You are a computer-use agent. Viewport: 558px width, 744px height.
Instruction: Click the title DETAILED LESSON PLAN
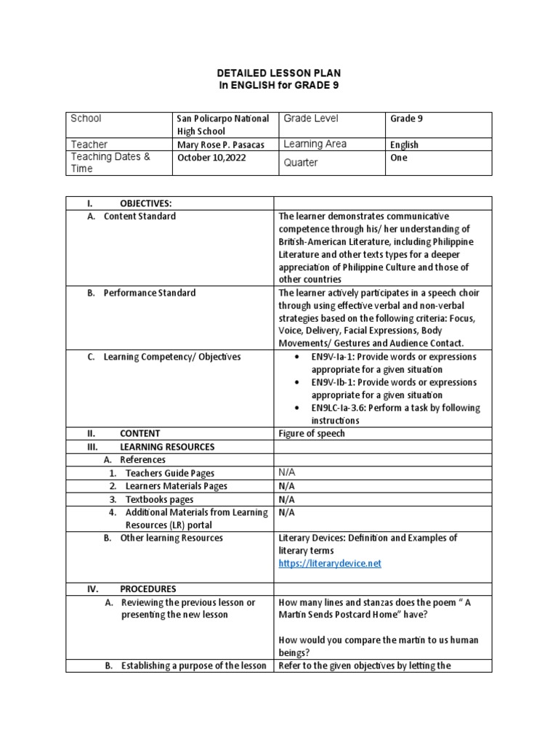(x=279, y=74)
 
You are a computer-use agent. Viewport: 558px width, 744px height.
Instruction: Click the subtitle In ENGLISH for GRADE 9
(x=279, y=86)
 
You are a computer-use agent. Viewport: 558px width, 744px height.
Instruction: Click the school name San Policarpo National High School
(x=222, y=124)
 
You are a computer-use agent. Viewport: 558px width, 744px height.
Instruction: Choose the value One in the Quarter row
(x=399, y=158)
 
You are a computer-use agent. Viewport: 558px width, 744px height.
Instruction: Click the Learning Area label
(x=315, y=144)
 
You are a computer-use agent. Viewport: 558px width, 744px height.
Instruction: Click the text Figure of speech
(x=312, y=434)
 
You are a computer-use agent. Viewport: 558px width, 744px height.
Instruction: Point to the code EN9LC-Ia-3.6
(x=341, y=408)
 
